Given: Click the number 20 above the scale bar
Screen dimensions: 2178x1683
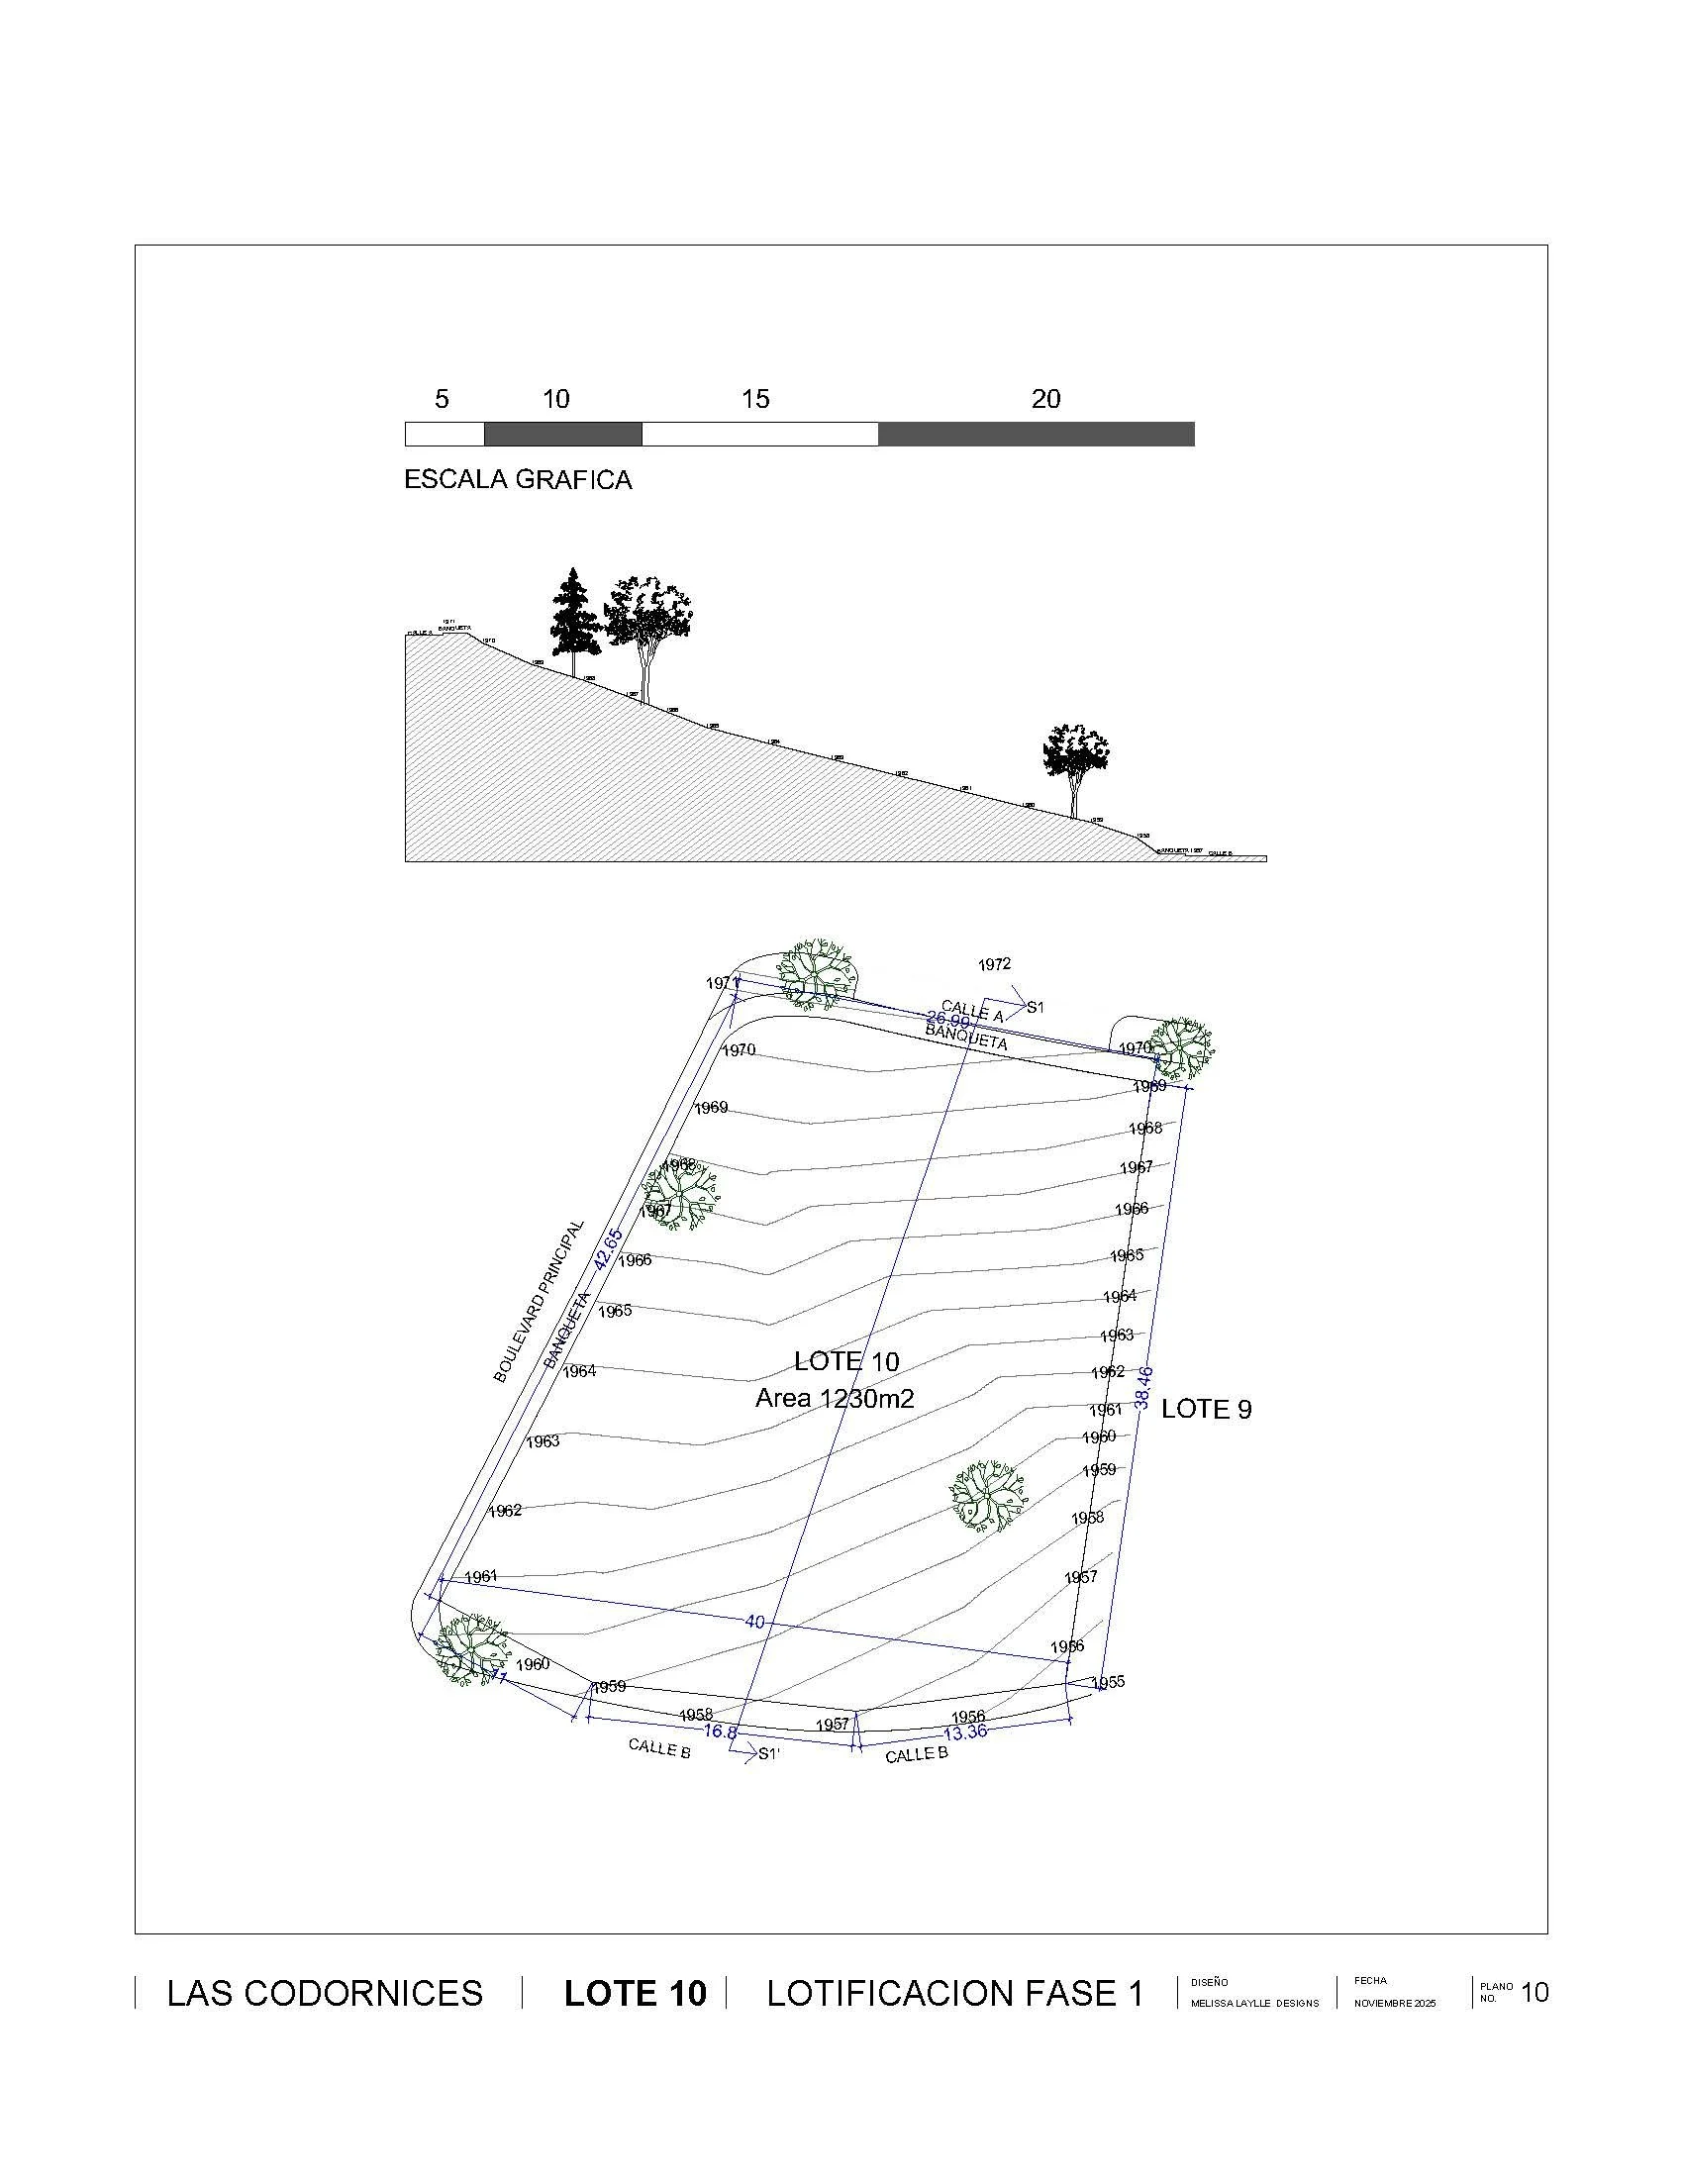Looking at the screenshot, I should pyautogui.click(x=1044, y=399).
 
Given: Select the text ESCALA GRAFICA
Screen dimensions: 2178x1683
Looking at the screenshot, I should pyautogui.click(x=518, y=480).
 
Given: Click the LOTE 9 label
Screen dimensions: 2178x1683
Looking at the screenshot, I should pyautogui.click(x=1207, y=1409).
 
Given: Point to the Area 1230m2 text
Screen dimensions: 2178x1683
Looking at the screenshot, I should pyautogui.click(x=835, y=1398).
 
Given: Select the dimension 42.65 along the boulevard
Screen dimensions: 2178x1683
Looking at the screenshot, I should pyautogui.click(x=607, y=1248).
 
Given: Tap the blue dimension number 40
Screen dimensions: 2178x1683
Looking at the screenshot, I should pyautogui.click(x=754, y=1623).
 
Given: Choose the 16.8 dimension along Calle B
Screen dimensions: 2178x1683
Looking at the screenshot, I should pyautogui.click(x=720, y=1732).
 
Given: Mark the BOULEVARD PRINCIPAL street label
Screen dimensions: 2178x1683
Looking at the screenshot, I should pyautogui.click(x=539, y=1302).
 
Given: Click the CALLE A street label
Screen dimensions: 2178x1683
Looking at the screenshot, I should pyautogui.click(x=972, y=1013).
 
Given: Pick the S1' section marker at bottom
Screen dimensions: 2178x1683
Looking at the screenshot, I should pyautogui.click(x=768, y=1754).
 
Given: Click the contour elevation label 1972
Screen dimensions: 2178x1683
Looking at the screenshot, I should pyautogui.click(x=994, y=964).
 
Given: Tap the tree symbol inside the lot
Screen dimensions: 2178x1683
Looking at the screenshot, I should pyautogui.click(x=987, y=1497).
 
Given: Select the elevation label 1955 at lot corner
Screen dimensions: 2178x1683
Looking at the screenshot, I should pyautogui.click(x=1108, y=1682).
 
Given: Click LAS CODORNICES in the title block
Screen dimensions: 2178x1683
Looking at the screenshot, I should pyautogui.click(x=325, y=1994).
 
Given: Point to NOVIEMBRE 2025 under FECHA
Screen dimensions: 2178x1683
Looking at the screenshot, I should pyautogui.click(x=1395, y=2004).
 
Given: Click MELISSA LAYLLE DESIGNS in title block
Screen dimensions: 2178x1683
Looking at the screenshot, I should pyautogui.click(x=1254, y=2004).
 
